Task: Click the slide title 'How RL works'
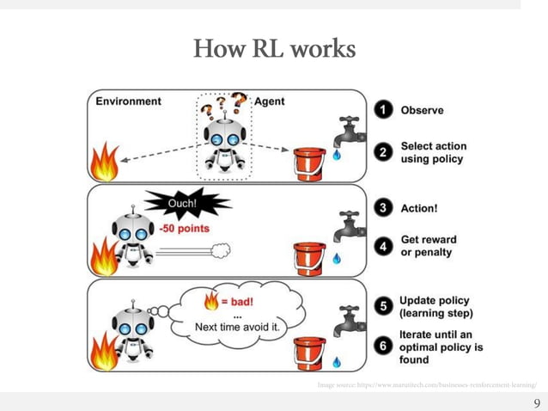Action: pyautogui.click(x=274, y=49)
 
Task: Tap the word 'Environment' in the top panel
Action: pyautogui.click(x=128, y=101)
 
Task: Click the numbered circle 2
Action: pyautogui.click(x=387, y=152)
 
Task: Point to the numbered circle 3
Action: pyautogui.click(x=386, y=207)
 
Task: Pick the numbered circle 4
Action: pyautogui.click(x=386, y=246)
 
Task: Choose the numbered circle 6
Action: pyautogui.click(x=386, y=347)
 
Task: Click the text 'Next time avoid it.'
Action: pyautogui.click(x=236, y=327)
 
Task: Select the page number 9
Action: pyautogui.click(x=537, y=402)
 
